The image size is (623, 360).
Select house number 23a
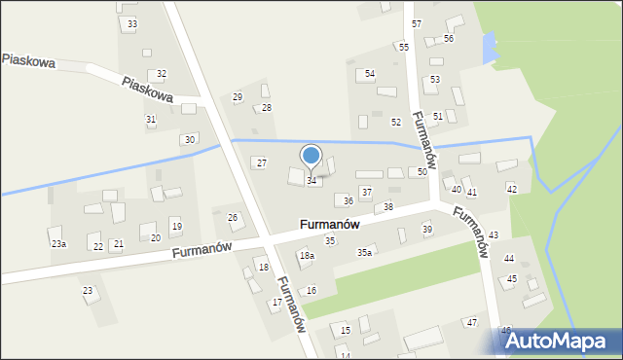coord(59,244)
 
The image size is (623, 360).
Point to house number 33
coord(132,23)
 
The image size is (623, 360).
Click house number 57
coord(417,22)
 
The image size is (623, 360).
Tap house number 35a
coord(364,252)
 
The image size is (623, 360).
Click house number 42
coord(512,189)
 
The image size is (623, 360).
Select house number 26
coord(233,217)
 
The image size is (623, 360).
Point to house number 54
coord(370,74)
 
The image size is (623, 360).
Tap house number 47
coord(472,322)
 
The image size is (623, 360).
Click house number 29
coord(238,96)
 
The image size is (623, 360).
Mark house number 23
coord(88,291)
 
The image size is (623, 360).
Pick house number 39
coord(427,229)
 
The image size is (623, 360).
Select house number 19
coord(176,226)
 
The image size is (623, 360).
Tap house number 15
coord(346,331)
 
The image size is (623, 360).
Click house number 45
coord(512,279)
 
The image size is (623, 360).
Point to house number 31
coord(151,119)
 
